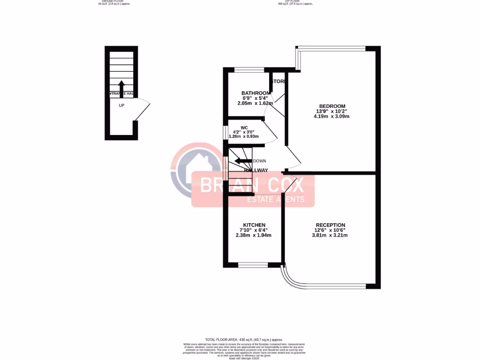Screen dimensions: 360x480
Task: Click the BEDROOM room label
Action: pyautogui.click(x=332, y=106)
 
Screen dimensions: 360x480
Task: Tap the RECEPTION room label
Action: pyautogui.click(x=330, y=225)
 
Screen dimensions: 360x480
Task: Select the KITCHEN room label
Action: pyautogui.click(x=254, y=225)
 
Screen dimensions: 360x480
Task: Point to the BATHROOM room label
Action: pyautogui.click(x=255, y=93)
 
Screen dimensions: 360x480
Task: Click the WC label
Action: pyautogui.click(x=244, y=127)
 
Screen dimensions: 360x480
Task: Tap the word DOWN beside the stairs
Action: pyautogui.click(x=259, y=161)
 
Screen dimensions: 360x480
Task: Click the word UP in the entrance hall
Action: pyautogui.click(x=121, y=105)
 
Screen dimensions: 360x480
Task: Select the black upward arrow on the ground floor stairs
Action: pyautogui.click(x=121, y=88)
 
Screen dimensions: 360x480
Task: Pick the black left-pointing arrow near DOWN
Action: pyautogui.click(x=243, y=161)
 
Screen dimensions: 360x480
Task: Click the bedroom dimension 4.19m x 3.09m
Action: pyautogui.click(x=332, y=116)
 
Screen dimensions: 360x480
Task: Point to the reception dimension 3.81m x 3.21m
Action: pyautogui.click(x=330, y=235)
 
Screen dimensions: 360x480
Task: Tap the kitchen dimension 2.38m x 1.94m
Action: pyautogui.click(x=254, y=235)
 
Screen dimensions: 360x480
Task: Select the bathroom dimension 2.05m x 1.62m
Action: pyautogui.click(x=255, y=103)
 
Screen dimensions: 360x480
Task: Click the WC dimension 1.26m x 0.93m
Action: pyautogui.click(x=243, y=136)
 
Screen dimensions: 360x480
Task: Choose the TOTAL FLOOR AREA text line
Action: pyautogui.click(x=244, y=339)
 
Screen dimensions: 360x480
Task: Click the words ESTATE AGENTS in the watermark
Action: pyautogui.click(x=276, y=199)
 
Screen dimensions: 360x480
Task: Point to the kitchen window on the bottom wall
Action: pyautogui.click(x=253, y=265)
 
